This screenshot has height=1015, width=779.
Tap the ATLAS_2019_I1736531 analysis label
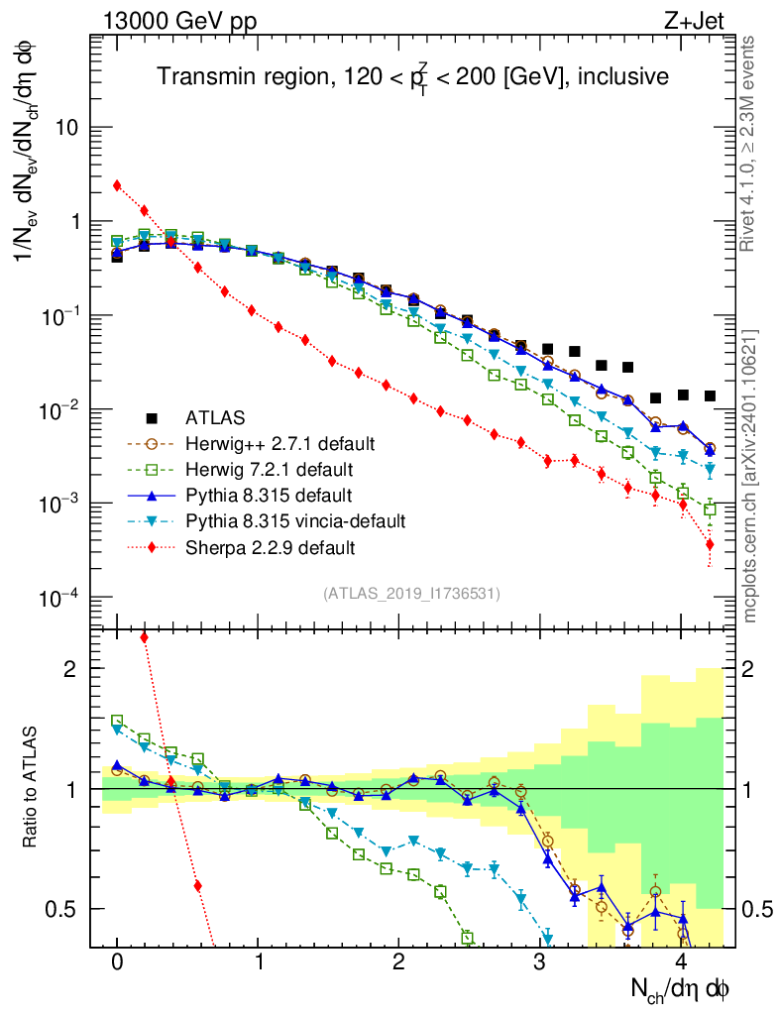tap(411, 594)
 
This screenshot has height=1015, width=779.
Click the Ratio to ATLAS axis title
tap(32, 788)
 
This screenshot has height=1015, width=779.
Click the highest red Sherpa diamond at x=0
tap(117, 185)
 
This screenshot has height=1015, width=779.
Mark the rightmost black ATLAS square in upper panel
tap(710, 396)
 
